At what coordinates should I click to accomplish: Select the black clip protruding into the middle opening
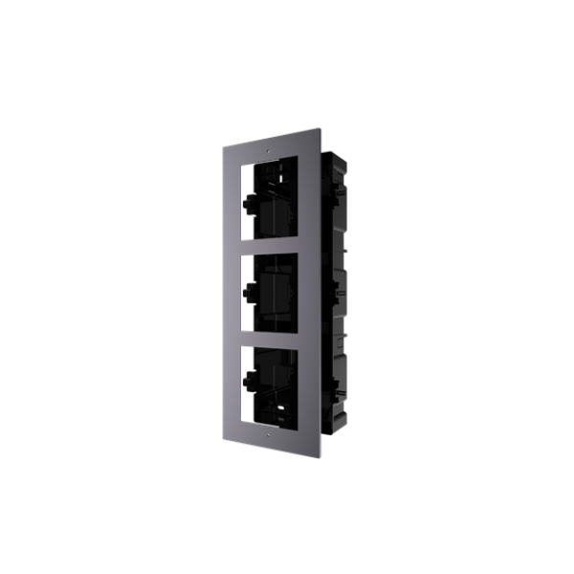(252, 293)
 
